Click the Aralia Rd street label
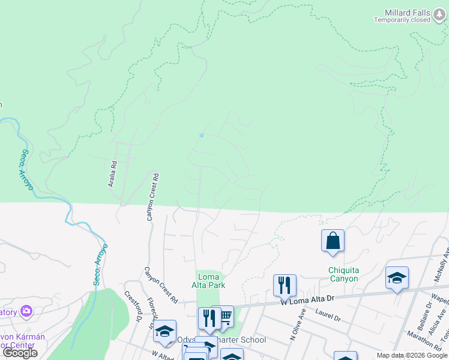pyautogui.click(x=112, y=173)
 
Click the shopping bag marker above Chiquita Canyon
pyautogui.click(x=333, y=242)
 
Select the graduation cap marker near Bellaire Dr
pyautogui.click(x=397, y=278)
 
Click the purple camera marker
pyautogui.click(x=26, y=311)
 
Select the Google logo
pyautogui.click(x=20, y=353)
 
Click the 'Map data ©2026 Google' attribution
pyautogui.click(x=411, y=355)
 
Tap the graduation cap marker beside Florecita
pyautogui.click(x=164, y=331)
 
